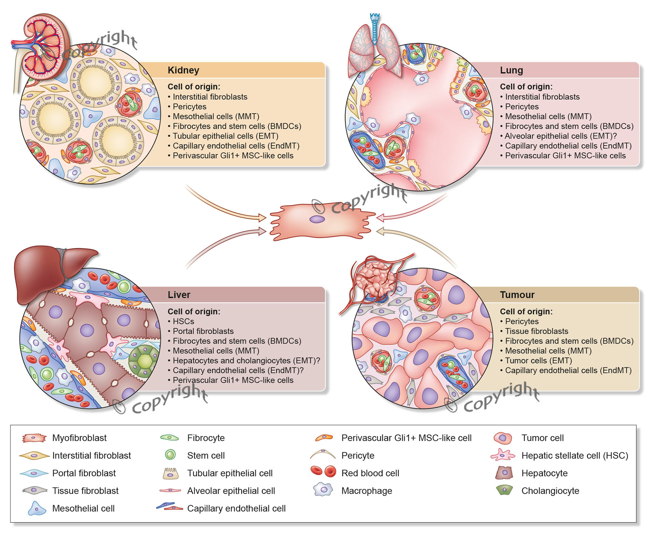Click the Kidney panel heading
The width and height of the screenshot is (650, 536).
pyautogui.click(x=183, y=70)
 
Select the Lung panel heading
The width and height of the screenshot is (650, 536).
pyautogui.click(x=511, y=70)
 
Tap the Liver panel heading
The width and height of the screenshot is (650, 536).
pyautogui.click(x=179, y=295)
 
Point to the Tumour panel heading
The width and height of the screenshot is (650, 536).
pyautogui.click(x=517, y=295)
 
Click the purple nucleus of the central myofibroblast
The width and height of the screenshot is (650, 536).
pyautogui.click(x=317, y=219)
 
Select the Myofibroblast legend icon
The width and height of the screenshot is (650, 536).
pyautogui.click(x=34, y=438)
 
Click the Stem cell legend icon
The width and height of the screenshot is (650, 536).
pyautogui.click(x=170, y=455)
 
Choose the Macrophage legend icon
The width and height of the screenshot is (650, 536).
pyautogui.click(x=323, y=490)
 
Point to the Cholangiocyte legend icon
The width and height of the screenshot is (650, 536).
pyautogui.click(x=504, y=490)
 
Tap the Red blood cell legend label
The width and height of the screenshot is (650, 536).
pyautogui.click(x=370, y=473)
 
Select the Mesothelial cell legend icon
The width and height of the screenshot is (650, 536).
pyautogui.click(x=37, y=508)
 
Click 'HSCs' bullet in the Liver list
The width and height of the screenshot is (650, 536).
pyautogui.click(x=183, y=321)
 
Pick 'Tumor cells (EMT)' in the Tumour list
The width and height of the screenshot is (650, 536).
pyautogui.click(x=538, y=360)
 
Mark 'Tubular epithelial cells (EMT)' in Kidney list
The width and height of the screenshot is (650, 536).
pyautogui.click(x=225, y=136)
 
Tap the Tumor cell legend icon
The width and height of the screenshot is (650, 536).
pyautogui.click(x=503, y=438)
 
